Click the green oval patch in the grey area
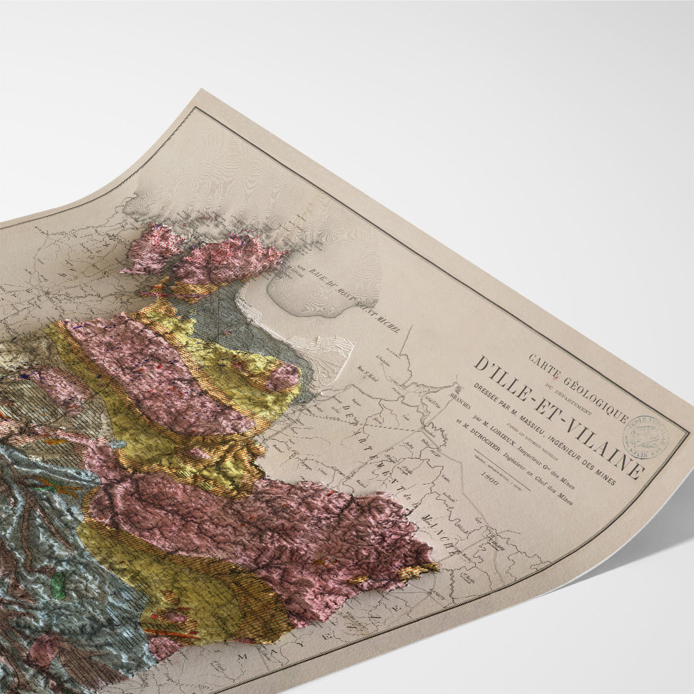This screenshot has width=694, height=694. coord(58,586)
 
